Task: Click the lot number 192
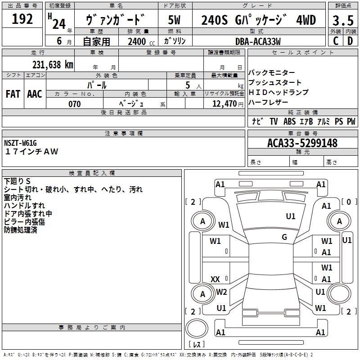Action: pos(22,19)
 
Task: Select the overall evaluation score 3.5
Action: pos(342,20)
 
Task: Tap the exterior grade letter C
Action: pos(335,41)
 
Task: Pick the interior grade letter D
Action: pos(350,41)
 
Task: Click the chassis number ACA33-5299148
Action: pos(302,143)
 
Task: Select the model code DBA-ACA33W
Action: pos(258,41)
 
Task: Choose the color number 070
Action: pos(74,104)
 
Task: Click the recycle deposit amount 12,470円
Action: pos(225,104)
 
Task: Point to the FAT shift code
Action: pos(13,94)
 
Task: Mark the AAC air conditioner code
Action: pos(35,94)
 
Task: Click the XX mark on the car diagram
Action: pos(216,279)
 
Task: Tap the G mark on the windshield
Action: pos(284,237)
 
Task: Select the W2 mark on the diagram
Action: pos(221,292)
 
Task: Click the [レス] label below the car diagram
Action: pos(197,345)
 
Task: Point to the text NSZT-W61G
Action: pos(20,143)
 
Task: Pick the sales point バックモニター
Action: pos(272,73)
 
